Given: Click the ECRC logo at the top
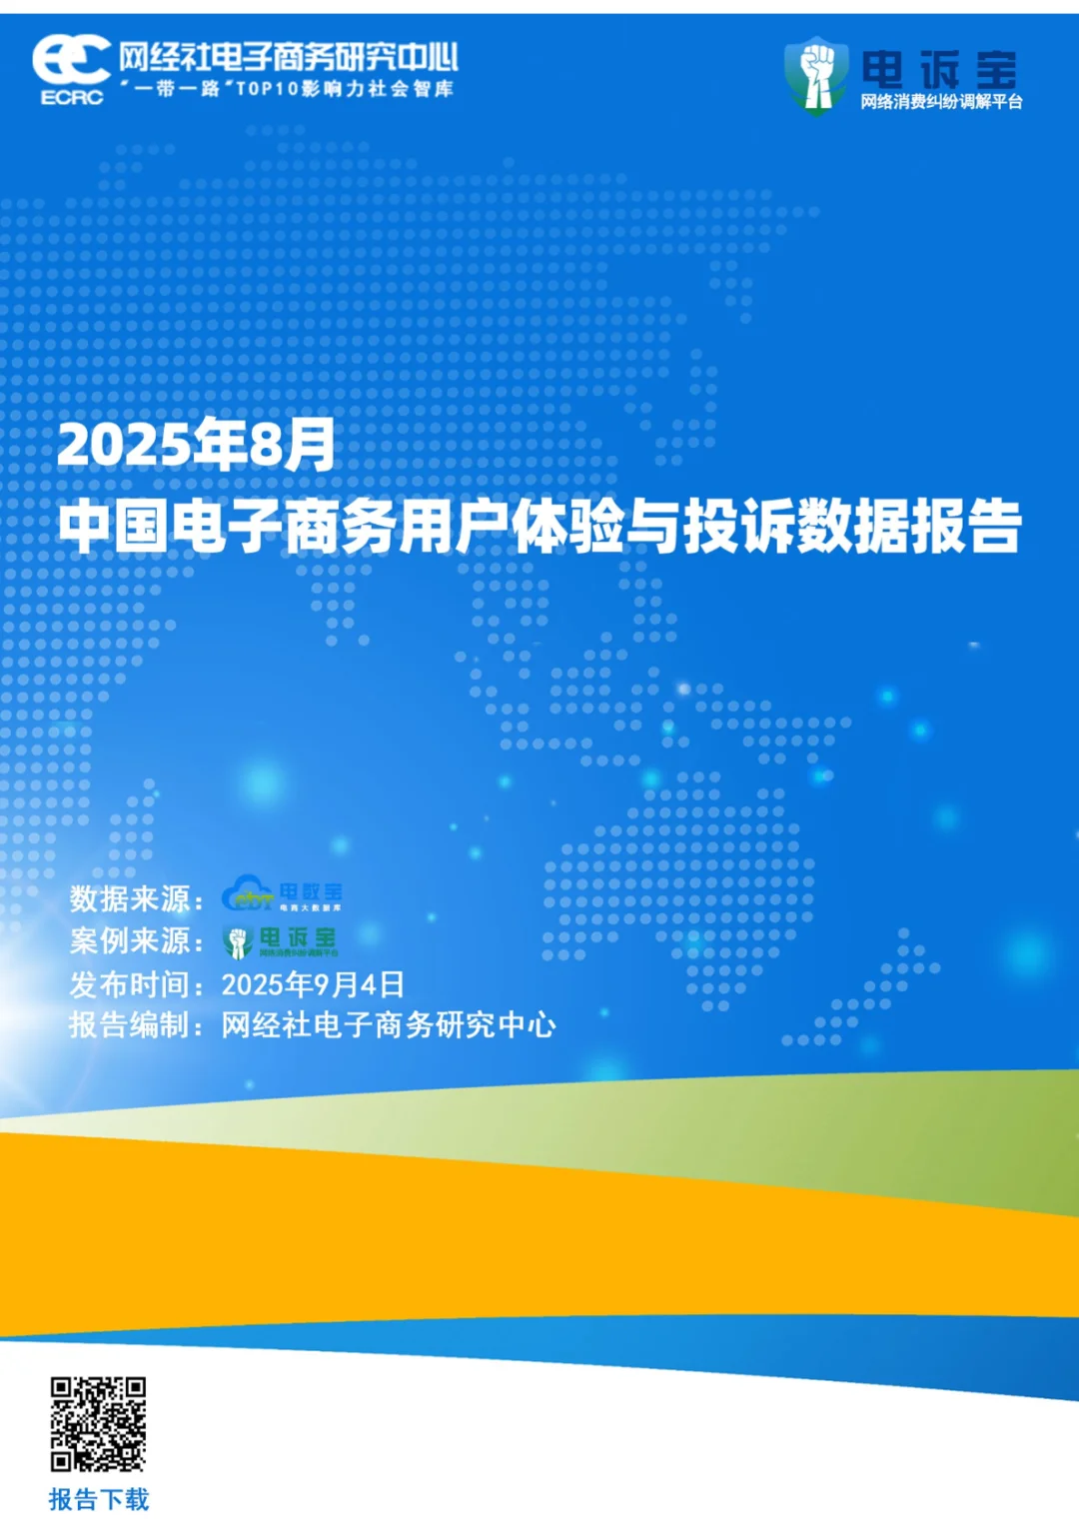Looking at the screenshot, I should point(71,68).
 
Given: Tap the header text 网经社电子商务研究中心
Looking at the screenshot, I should point(289,57).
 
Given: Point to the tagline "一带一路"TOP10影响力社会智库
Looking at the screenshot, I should point(288,89).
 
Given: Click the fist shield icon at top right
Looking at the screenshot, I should point(816,75).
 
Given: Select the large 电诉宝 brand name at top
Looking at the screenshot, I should point(939,69).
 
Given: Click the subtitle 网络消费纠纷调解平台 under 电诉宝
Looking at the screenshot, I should point(941,102).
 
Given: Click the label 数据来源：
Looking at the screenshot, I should point(137,898).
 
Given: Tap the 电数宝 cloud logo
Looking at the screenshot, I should point(282,894).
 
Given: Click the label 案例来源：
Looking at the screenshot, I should point(137,940).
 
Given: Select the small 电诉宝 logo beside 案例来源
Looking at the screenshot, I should point(282,940).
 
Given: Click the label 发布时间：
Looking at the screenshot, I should point(137,984).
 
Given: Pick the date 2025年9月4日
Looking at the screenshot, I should point(313,984).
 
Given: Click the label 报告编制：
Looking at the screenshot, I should point(137,1025).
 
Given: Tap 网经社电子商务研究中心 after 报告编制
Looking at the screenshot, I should point(389,1025).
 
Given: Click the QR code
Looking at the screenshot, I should point(98,1424).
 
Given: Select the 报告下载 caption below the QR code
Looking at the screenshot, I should point(99,1499).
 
